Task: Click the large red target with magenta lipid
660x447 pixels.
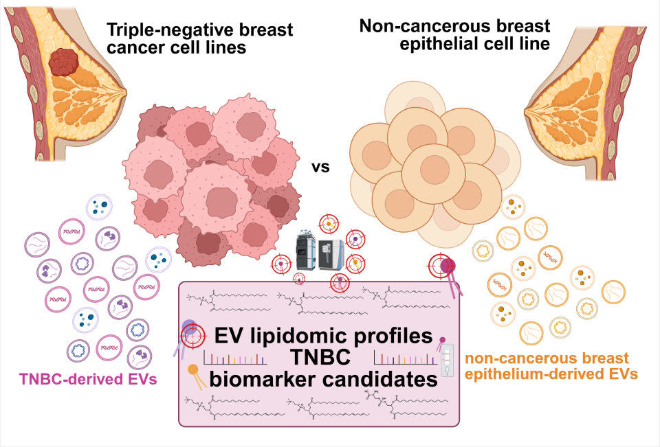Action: (441, 266)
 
